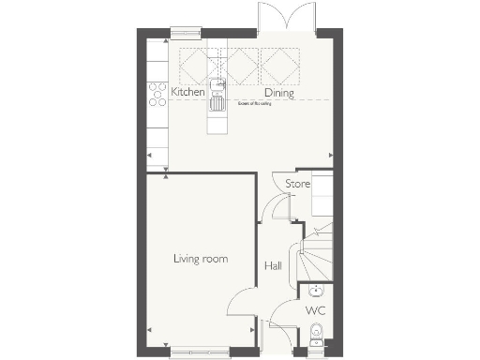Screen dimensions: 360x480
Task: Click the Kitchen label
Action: (x=187, y=93)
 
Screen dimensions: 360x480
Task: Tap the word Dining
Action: (x=280, y=93)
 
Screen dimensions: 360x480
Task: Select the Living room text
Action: (x=201, y=258)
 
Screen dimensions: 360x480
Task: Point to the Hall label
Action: (x=273, y=266)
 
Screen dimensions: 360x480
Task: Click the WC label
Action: (x=315, y=308)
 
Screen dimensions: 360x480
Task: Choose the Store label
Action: (x=297, y=184)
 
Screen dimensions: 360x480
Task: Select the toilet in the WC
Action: (x=317, y=332)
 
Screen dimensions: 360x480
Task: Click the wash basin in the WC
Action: (x=317, y=290)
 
